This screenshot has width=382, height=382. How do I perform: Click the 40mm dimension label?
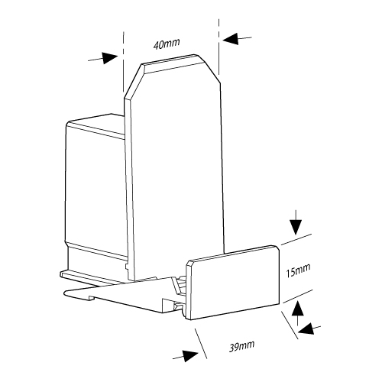pyautogui.click(x=167, y=44)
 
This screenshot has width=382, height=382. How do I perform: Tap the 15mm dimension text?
pyautogui.click(x=298, y=270)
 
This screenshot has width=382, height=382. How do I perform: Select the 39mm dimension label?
pyautogui.click(x=241, y=346)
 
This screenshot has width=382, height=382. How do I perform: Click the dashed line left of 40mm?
pyautogui.click(x=123, y=62)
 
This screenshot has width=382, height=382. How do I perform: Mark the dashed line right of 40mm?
pyautogui.click(x=219, y=47)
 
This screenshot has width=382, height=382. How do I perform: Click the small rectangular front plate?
pyautogui.click(x=233, y=283)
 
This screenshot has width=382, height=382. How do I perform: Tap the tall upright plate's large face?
pyautogui.click(x=178, y=176)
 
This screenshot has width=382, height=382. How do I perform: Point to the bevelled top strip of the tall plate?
pyautogui.click(x=174, y=64)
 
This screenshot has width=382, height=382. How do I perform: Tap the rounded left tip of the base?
pyautogui.click(x=66, y=293)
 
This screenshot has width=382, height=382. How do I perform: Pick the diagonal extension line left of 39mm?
pyautogui.click(x=201, y=344)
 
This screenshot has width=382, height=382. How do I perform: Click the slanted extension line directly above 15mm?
pyautogui.click(x=296, y=239)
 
